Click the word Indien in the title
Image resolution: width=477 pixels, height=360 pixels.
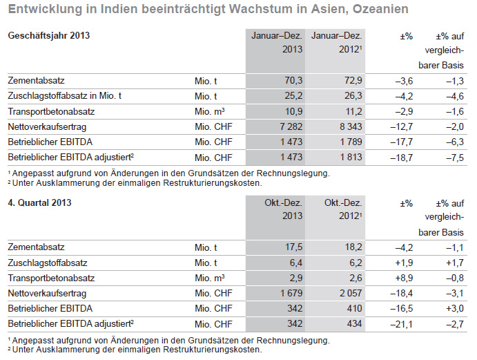pyautogui.click(x=119, y=9)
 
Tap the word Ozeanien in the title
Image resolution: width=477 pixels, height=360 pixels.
pyautogui.click(x=380, y=9)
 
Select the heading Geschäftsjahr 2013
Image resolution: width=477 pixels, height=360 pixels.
pyautogui.click(x=49, y=35)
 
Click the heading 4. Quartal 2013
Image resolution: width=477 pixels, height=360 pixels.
pyautogui.click(x=39, y=202)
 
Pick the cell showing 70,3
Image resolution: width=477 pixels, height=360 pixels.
pyautogui.click(x=293, y=81)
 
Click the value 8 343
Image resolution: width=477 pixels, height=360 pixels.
pyautogui.click(x=351, y=126)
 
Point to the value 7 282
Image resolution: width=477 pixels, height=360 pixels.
pyautogui.click(x=291, y=126)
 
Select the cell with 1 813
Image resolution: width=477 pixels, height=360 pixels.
pyautogui.click(x=351, y=157)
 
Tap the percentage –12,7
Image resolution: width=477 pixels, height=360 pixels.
pyautogui.click(x=402, y=126)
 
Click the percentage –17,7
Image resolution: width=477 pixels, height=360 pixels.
pyautogui.click(x=402, y=142)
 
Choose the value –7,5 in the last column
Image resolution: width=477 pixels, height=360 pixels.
pyautogui.click(x=455, y=158)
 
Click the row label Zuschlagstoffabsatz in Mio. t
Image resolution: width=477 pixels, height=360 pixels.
pyautogui.click(x=64, y=96)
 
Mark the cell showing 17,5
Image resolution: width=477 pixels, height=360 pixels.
pyautogui.click(x=293, y=247)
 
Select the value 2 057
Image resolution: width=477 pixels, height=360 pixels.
pyautogui.click(x=351, y=293)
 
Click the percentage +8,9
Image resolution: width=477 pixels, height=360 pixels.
pyautogui.click(x=404, y=278)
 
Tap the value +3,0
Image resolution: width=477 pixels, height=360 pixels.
pyautogui.click(x=455, y=308)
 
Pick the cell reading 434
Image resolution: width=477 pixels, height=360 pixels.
pyautogui.click(x=354, y=323)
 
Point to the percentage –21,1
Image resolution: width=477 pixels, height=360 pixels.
pyautogui.click(x=402, y=324)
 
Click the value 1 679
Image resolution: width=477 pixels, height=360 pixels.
pyautogui.click(x=291, y=293)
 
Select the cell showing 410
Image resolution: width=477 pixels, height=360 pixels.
pyautogui.click(x=354, y=308)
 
